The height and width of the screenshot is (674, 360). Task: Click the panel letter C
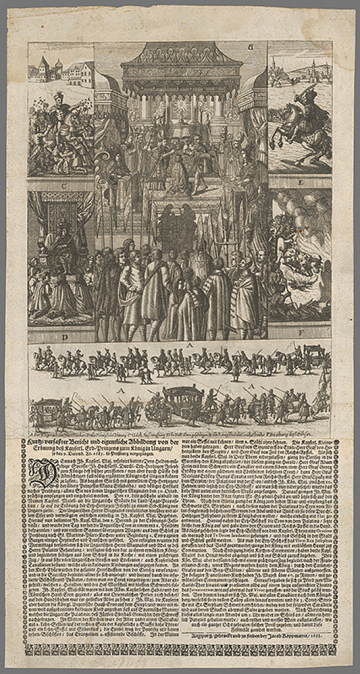pyautogui.click(x=61, y=184)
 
